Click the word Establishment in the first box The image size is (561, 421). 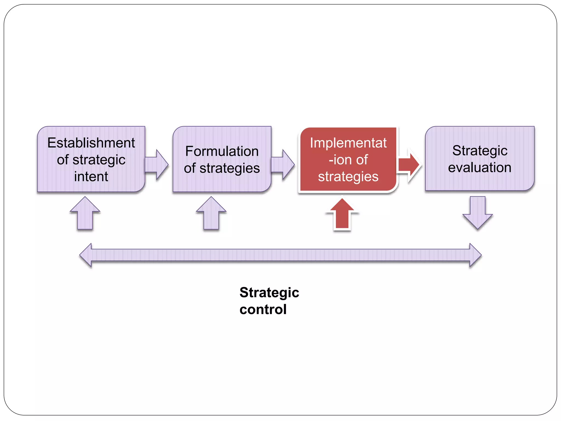[91, 143]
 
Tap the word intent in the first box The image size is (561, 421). [91, 177]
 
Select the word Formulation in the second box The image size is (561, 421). [222, 151]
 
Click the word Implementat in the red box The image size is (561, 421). [348, 143]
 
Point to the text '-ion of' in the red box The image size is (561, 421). [348, 160]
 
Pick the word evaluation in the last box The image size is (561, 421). [480, 167]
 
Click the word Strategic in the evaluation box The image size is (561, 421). [480, 150]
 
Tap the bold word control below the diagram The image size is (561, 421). [263, 309]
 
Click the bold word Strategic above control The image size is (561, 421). [269, 292]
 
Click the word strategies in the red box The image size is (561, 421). [348, 177]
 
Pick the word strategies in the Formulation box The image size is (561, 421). [230, 168]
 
